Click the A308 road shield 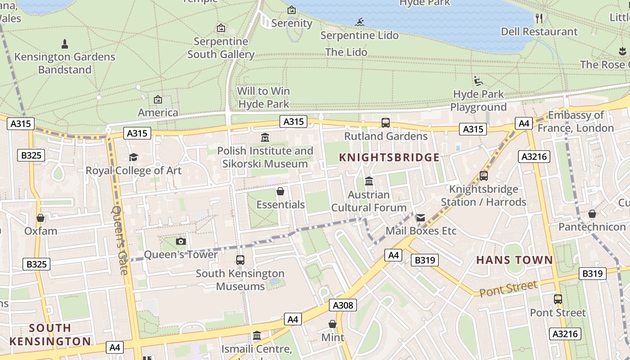343,306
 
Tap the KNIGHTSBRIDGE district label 389,157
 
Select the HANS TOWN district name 514,260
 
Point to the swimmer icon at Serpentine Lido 359,22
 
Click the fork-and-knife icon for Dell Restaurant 539,18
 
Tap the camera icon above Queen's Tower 180,242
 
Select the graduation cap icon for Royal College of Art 133,157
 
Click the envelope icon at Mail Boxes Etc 420,218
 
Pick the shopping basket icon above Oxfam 40,218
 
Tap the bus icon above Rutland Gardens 386,123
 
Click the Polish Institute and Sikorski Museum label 265,157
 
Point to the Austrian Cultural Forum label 369,201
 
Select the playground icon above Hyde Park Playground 478,81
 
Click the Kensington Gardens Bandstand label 65,63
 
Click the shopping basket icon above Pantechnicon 592,214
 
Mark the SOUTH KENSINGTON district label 50,334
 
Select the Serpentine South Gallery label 221,48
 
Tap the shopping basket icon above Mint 333,324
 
